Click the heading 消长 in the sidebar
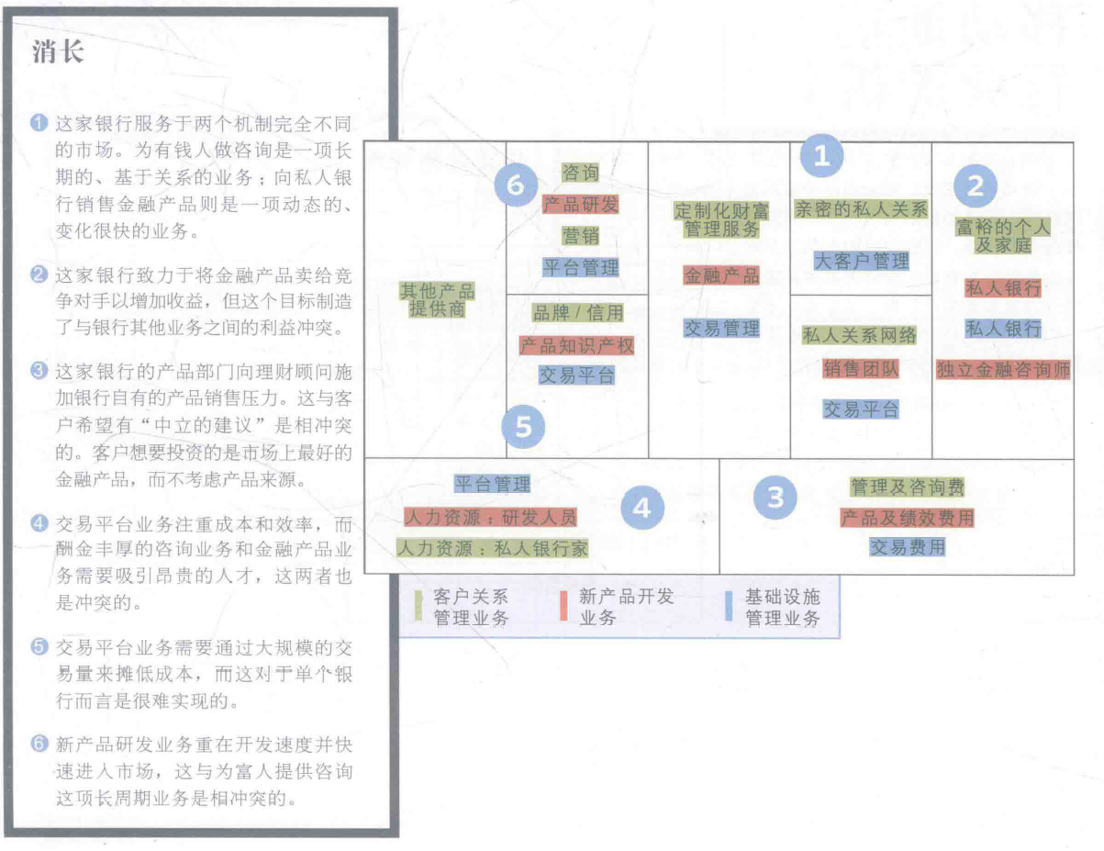coord(58,52)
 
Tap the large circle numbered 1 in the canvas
coord(822,157)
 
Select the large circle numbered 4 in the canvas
coord(641,507)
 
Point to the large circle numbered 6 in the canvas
coord(516,186)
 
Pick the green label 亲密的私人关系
coord(861,208)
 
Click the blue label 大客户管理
coord(861,261)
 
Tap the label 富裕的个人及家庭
coord(1002,236)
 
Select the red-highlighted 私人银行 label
coord(1002,288)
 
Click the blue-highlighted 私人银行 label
coord(1002,329)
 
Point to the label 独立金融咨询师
coord(1002,370)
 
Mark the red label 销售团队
coord(861,369)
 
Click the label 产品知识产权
coord(577,345)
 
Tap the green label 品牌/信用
coord(577,313)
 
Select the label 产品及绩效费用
coord(907,518)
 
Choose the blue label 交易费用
coord(907,547)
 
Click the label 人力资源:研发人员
coord(490,517)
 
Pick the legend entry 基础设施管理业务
coord(782,608)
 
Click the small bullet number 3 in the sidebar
coord(38,371)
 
